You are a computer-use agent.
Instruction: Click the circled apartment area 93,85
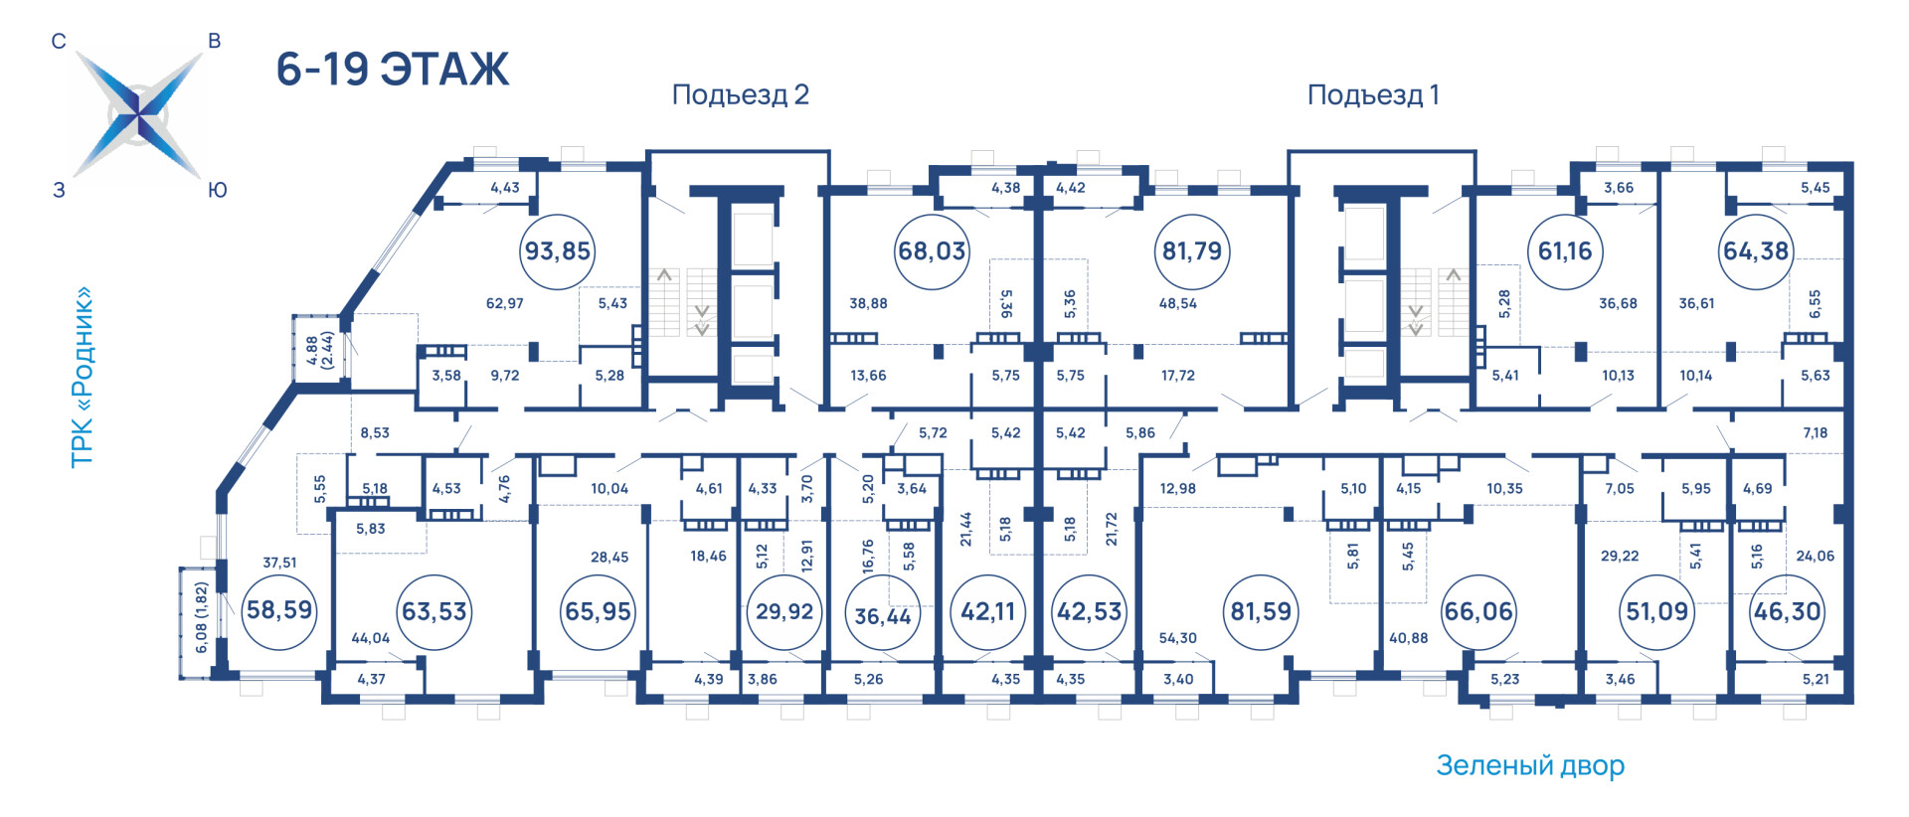[x=558, y=251]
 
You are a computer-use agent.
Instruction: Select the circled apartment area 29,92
[x=784, y=611]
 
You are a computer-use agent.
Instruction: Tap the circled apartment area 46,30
[x=1788, y=611]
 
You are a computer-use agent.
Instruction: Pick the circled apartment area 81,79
[x=1192, y=251]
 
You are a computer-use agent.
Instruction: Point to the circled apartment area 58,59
[x=279, y=610]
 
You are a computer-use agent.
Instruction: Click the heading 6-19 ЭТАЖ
[x=393, y=70]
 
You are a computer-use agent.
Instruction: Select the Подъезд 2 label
[x=741, y=95]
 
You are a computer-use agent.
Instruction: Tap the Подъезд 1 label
[x=1373, y=95]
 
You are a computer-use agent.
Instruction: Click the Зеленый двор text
[x=1530, y=765]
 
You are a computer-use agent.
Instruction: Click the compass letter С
[x=59, y=41]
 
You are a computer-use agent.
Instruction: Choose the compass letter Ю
[x=218, y=190]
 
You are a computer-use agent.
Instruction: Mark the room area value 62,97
[x=505, y=303]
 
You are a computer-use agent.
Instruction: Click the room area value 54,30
[x=1177, y=638]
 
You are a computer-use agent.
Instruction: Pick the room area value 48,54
[x=1177, y=303]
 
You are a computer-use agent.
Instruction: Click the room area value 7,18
[x=1816, y=432]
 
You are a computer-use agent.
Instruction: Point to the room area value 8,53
[x=375, y=432]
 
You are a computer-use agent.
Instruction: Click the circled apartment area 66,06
[x=1478, y=611]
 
